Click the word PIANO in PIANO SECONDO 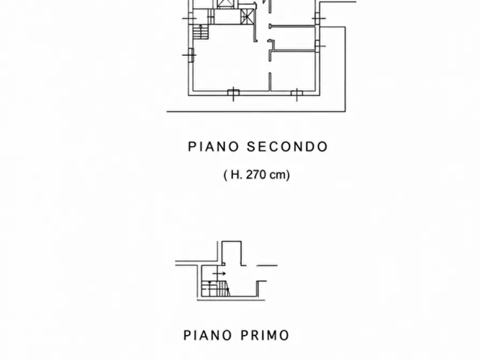213,147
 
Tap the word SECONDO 287,147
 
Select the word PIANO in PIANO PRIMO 207,335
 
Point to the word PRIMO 264,335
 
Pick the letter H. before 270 237,175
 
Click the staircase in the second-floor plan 200,32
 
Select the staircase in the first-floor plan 216,289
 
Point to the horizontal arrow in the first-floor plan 219,273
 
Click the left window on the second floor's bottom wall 233,93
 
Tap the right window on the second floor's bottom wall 297,93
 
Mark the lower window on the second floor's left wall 190,55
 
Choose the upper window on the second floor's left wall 190,18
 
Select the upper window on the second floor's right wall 318,18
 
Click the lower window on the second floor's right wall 318,46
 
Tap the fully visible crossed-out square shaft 247,16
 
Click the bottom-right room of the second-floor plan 293,71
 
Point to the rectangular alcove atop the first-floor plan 232,253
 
